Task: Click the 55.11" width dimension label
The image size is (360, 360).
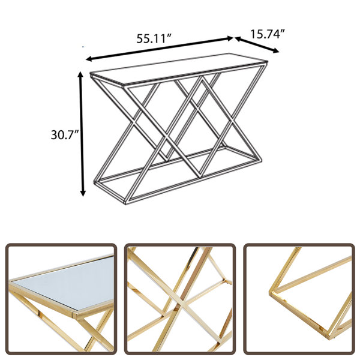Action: (154, 38)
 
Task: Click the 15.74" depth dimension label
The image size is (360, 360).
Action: (268, 34)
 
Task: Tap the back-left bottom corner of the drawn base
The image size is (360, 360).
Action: (95, 182)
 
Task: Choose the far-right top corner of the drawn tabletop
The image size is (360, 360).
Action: (268, 61)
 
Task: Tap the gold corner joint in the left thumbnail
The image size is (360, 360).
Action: (74, 313)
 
